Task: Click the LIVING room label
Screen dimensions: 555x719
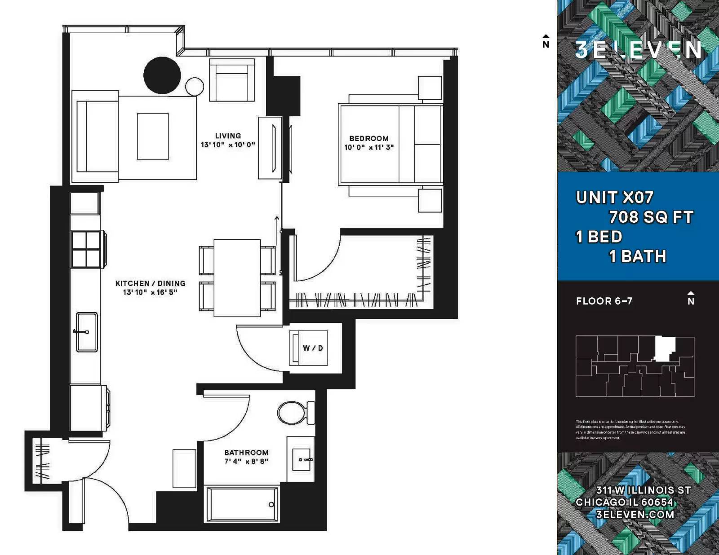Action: pos(228,136)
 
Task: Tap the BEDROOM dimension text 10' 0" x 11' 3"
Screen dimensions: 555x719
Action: pos(368,147)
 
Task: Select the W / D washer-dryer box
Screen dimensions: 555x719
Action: pos(312,348)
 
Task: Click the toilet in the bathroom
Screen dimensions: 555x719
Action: pos(293,412)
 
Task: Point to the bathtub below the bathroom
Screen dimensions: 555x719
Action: pos(242,504)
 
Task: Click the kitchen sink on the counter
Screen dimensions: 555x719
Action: pos(87,332)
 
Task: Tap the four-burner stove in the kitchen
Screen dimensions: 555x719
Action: pos(86,250)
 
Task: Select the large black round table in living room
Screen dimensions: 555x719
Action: pos(162,75)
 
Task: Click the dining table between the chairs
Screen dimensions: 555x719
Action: pos(237,278)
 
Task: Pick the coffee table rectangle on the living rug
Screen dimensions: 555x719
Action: pos(153,136)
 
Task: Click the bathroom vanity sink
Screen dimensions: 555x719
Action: pos(302,459)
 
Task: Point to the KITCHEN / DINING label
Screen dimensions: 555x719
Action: pos(150,283)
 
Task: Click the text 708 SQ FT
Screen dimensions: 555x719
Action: pos(651,217)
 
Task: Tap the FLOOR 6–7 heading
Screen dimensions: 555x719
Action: pos(604,301)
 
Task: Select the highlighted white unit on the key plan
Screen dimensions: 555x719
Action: pos(664,348)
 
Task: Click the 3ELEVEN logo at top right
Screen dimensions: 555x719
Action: pos(638,50)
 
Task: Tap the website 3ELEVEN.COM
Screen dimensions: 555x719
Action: pos(635,515)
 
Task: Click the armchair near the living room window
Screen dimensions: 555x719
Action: pos(231,82)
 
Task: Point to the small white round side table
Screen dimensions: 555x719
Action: pos(195,87)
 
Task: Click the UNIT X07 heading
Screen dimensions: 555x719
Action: pos(614,198)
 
